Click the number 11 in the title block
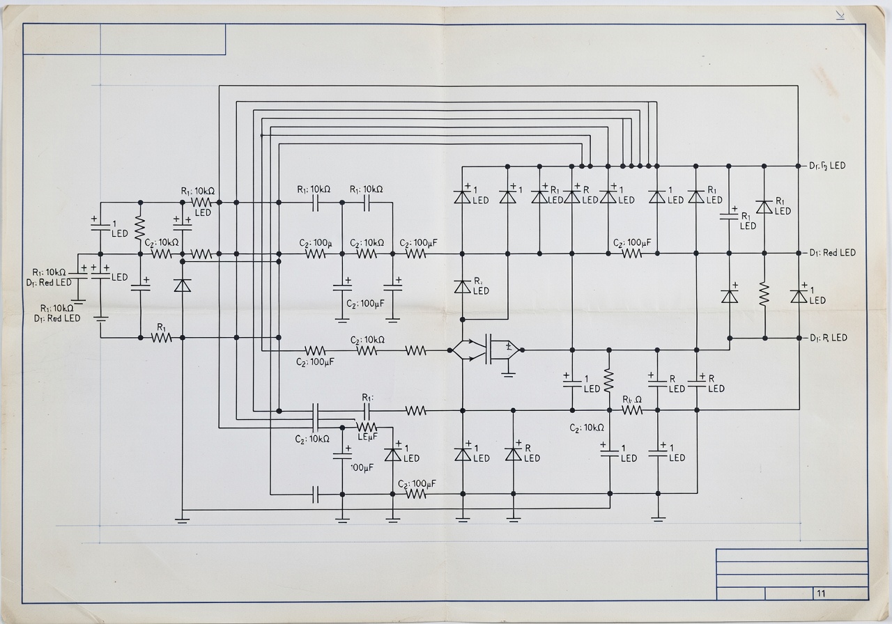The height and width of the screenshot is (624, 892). pos(821,593)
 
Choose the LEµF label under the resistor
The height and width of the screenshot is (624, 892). pos(367,437)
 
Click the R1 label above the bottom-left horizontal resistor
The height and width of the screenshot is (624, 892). pos(161,326)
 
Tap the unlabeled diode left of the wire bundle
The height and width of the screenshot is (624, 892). pos(182,285)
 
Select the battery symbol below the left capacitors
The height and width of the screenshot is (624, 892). pos(102,320)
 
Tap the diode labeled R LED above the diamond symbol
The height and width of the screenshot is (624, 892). pos(462,286)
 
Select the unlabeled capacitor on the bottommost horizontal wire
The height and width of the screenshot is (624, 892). pos(316,494)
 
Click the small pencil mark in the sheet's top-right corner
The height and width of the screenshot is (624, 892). pos(840,15)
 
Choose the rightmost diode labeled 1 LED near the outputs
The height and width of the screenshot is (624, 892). pos(799,295)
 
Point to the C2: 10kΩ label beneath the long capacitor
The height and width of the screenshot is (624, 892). pos(312,439)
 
